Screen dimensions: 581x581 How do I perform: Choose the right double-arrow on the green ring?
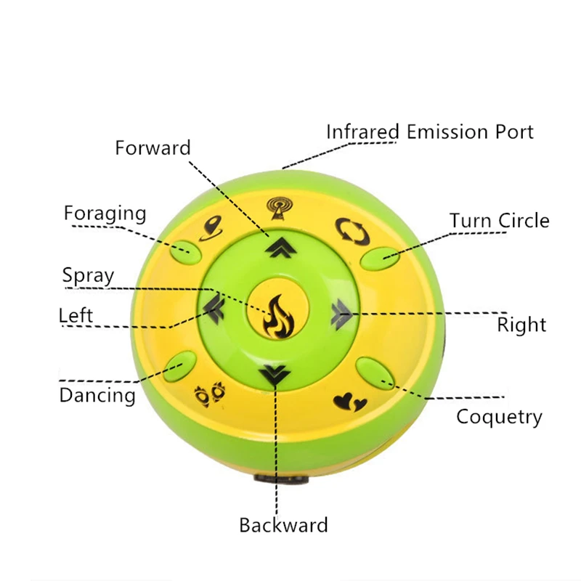point(340,314)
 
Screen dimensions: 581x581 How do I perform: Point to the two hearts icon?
point(345,400)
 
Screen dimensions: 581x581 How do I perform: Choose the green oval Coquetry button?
point(372,371)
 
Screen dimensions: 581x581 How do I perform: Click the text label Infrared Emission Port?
point(429,132)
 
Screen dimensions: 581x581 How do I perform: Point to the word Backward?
point(283,525)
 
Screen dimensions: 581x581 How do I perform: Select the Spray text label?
point(88,276)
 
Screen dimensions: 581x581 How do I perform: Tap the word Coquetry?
point(499,417)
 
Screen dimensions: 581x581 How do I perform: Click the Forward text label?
point(153,148)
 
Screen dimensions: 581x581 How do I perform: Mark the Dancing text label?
point(97,395)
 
